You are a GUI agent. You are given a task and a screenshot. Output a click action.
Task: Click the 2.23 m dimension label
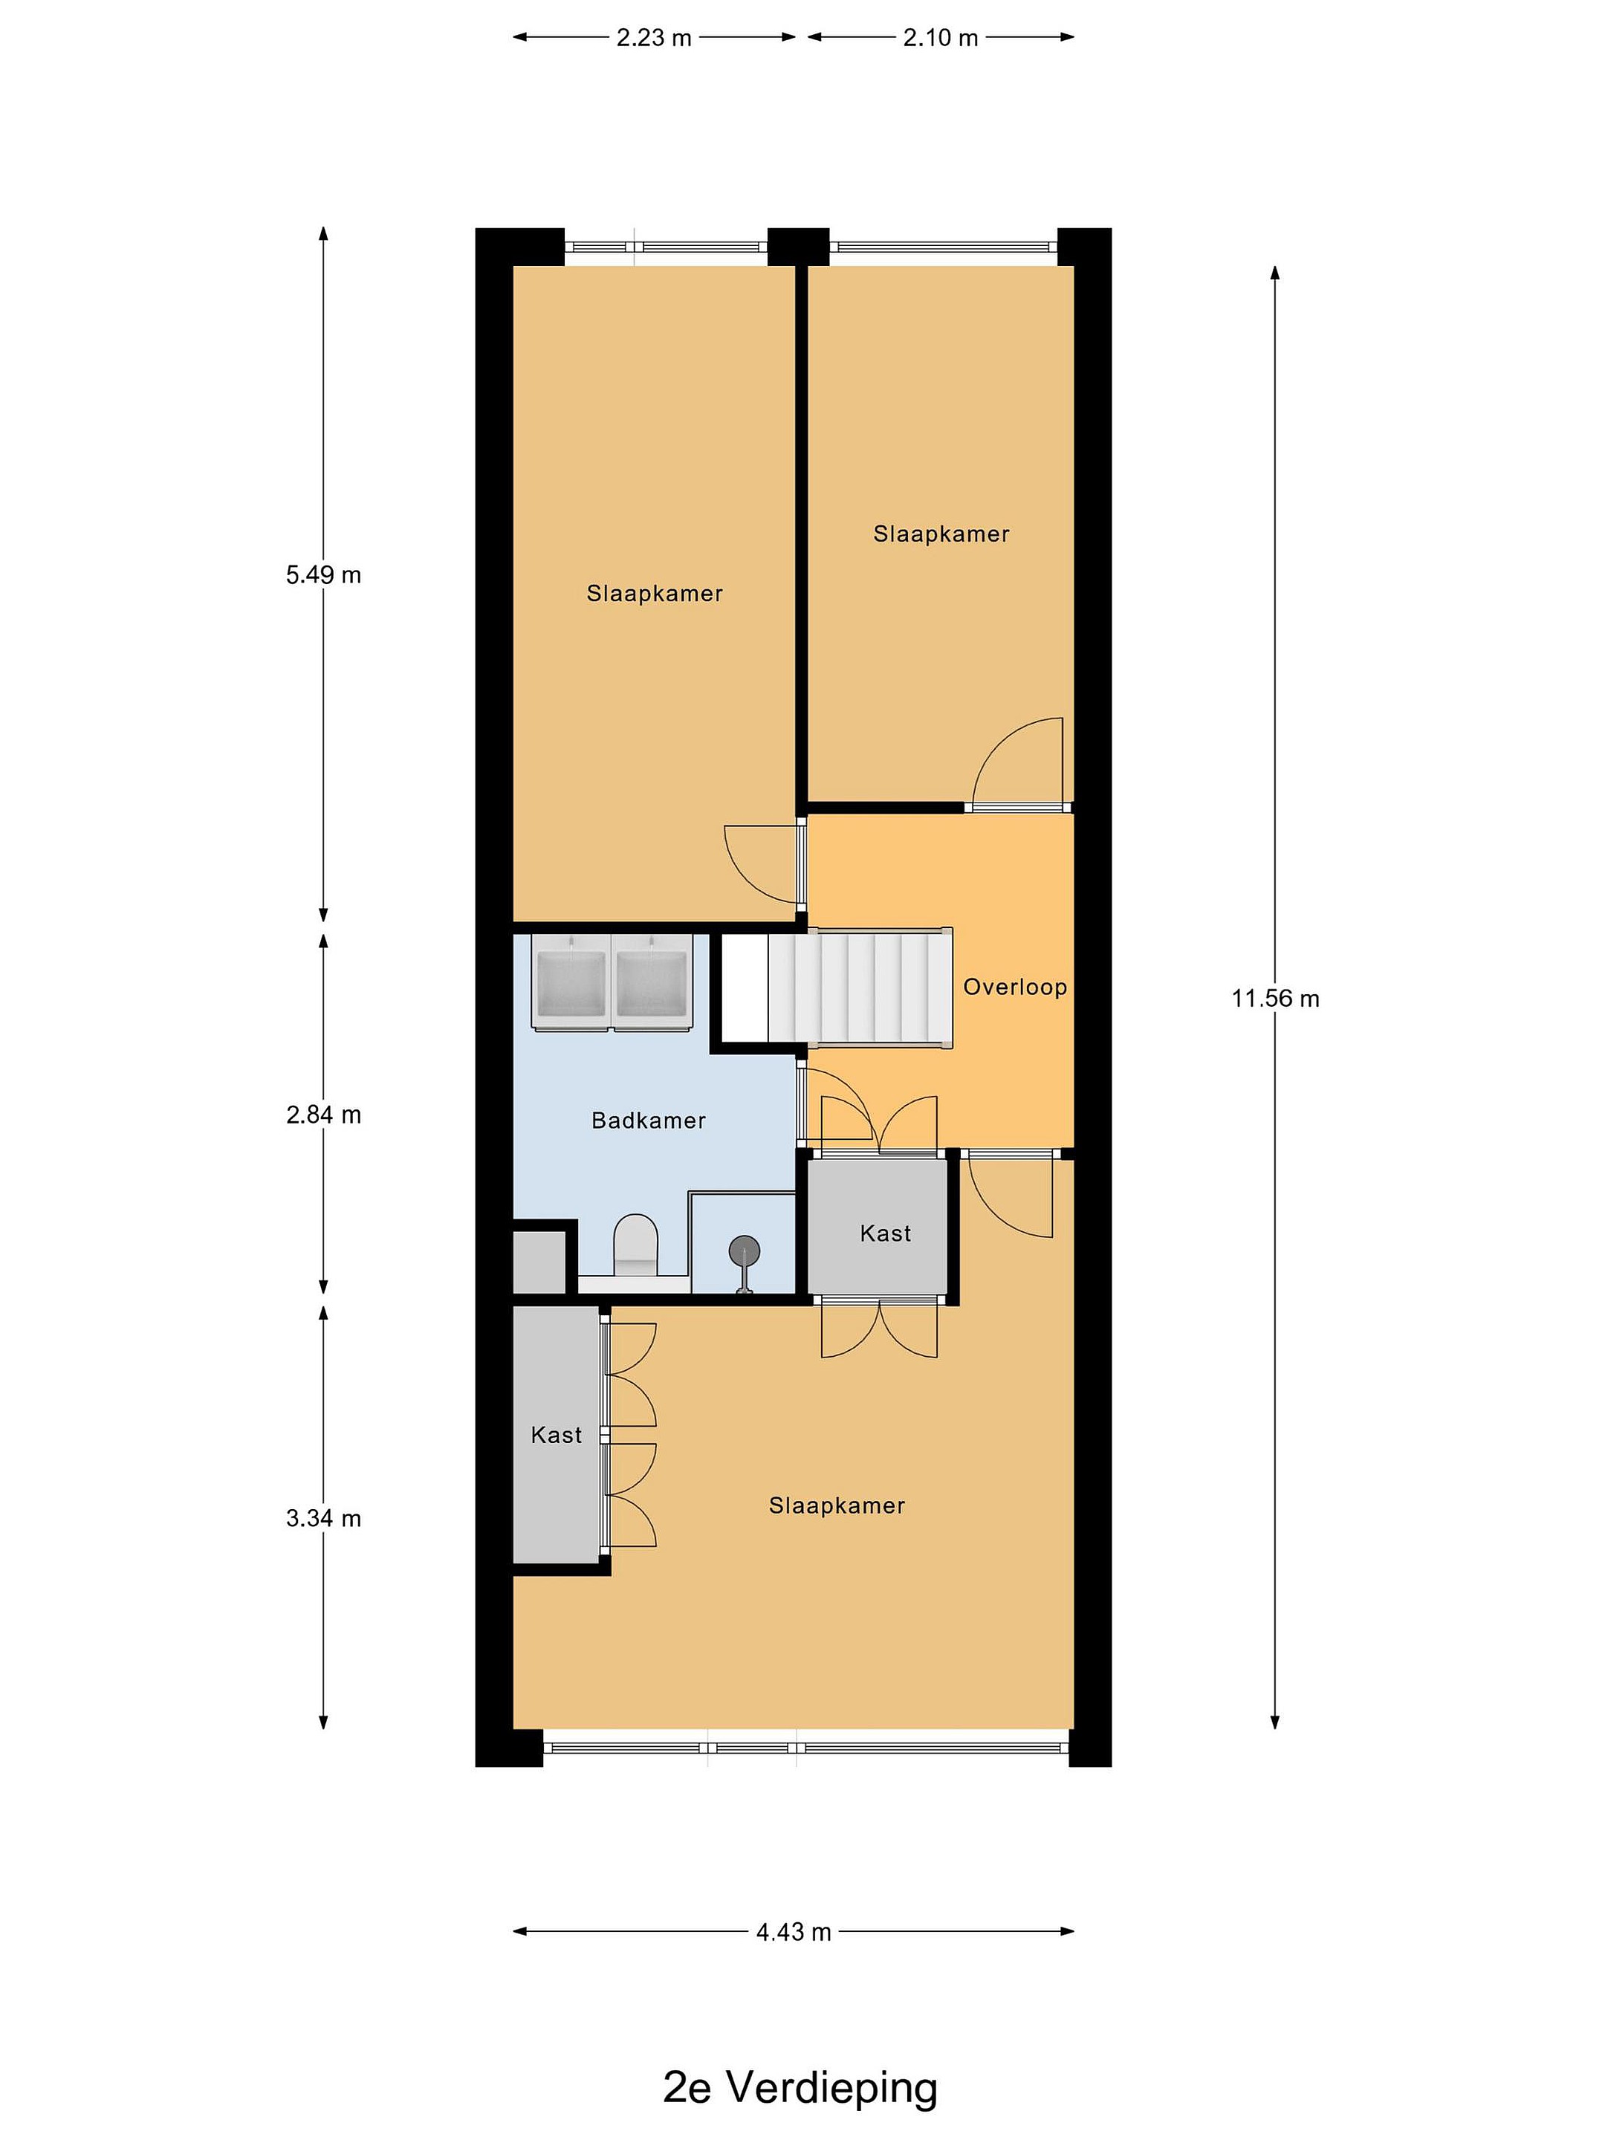pyautogui.click(x=653, y=38)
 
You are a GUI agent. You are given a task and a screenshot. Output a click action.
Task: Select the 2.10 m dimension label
pyautogui.click(x=941, y=38)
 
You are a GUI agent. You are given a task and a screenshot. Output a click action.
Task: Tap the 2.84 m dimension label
pyautogui.click(x=323, y=1115)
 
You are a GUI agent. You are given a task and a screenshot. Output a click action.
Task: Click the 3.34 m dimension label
pyautogui.click(x=323, y=1518)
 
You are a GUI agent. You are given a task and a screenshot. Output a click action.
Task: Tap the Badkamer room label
pyautogui.click(x=648, y=1121)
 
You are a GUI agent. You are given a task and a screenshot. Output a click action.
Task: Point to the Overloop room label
pyautogui.click(x=1015, y=987)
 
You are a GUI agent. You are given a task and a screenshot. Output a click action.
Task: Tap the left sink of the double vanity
pyautogui.click(x=571, y=981)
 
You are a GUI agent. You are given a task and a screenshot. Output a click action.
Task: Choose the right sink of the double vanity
pyautogui.click(x=651, y=981)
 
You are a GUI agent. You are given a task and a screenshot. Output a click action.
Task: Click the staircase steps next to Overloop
pyautogui.click(x=859, y=987)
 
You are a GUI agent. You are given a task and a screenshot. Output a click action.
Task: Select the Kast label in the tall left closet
pyautogui.click(x=557, y=1435)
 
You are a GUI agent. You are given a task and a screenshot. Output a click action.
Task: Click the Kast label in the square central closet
pyautogui.click(x=885, y=1233)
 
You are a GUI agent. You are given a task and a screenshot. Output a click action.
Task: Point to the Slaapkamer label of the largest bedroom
pyautogui.click(x=837, y=1505)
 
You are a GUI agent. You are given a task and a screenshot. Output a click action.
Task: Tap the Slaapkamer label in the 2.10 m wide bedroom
pyautogui.click(x=941, y=534)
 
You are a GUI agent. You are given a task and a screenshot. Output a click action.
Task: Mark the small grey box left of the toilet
pyautogui.click(x=539, y=1262)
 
